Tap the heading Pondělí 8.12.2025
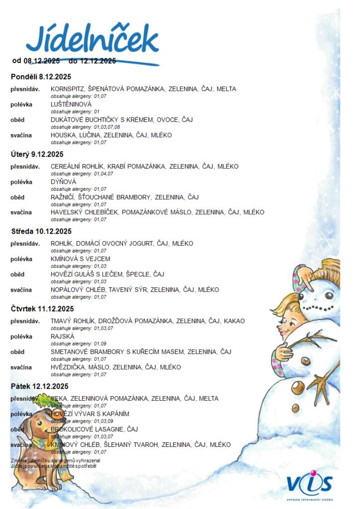41,77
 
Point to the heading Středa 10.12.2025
41,231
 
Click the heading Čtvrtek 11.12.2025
42,309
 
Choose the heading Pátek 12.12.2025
39,386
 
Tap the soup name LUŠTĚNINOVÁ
71,104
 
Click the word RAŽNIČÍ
63,197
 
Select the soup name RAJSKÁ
62,337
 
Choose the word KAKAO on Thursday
234,321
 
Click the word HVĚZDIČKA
68,367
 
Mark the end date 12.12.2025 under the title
98,61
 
